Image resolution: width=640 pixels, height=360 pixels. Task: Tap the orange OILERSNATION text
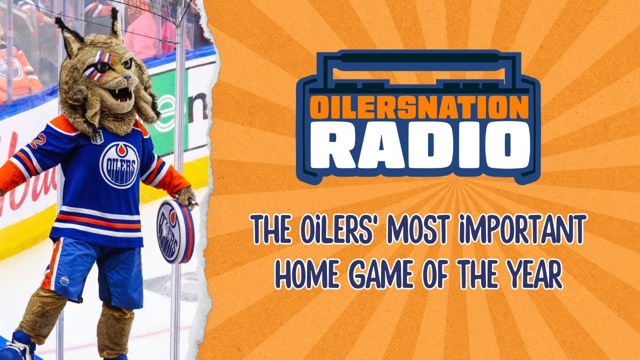(x=418, y=107)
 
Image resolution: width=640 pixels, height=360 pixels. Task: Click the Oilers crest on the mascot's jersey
(x=119, y=165)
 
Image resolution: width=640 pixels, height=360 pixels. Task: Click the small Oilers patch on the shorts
(x=64, y=280)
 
